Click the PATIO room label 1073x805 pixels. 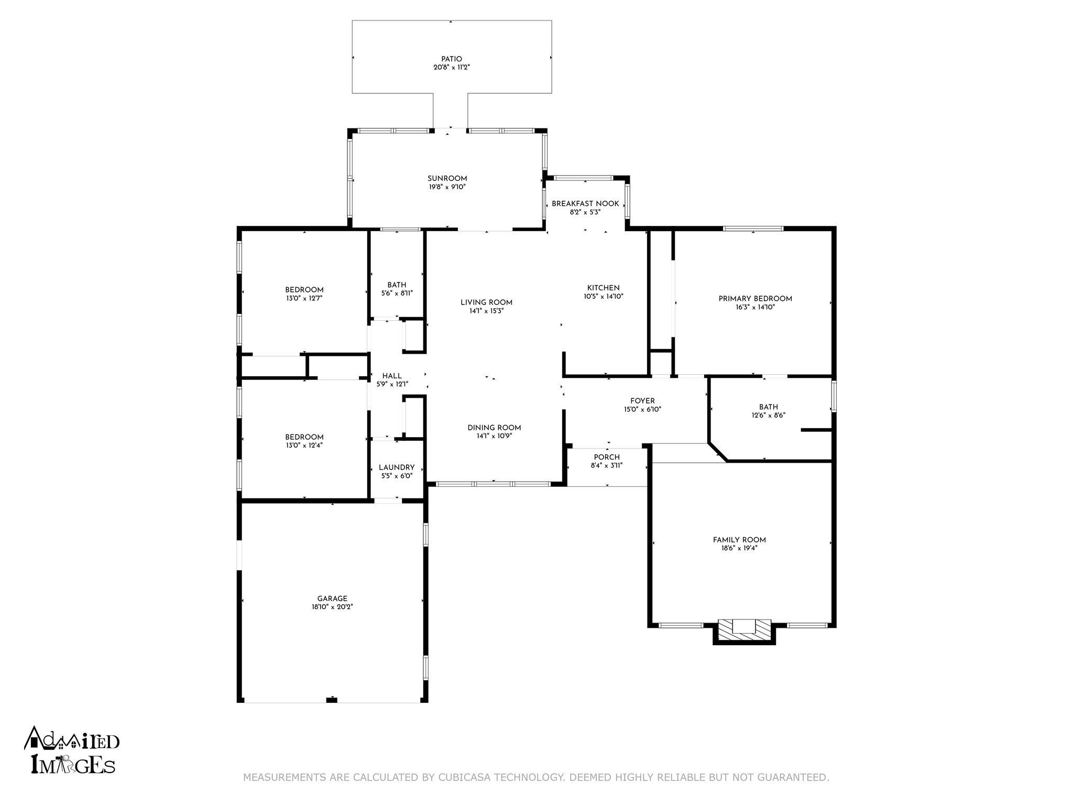451,59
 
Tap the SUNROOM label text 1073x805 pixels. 447,179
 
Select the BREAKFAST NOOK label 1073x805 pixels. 585,204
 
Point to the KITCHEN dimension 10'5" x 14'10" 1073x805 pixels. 604,296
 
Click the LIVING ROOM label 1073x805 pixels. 486,302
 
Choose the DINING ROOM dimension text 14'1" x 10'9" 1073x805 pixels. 494,436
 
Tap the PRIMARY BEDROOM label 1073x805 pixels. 755,299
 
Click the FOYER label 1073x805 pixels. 642,401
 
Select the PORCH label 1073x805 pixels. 607,457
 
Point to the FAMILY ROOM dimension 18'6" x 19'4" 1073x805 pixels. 739,548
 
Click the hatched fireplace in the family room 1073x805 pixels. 744,629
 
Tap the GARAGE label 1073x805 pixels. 332,599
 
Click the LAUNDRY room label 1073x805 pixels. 397,467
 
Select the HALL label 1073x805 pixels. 392,376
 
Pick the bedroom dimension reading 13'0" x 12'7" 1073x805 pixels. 304,298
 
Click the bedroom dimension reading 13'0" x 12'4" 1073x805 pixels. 304,445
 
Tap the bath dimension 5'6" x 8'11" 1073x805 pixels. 397,293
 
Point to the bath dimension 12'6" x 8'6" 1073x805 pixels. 768,415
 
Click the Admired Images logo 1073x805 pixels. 72,750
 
